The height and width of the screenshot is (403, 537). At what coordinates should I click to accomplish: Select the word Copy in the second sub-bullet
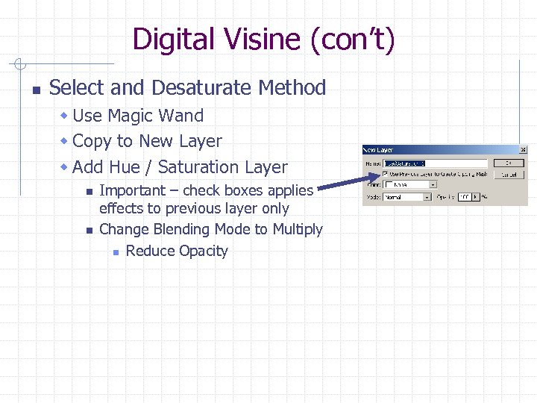tap(92, 141)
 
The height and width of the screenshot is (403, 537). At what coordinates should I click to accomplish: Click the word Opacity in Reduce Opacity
tap(202, 251)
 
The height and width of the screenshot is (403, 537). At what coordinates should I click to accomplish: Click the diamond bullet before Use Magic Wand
tap(65, 116)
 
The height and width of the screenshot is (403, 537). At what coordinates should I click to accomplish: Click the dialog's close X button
tap(522, 150)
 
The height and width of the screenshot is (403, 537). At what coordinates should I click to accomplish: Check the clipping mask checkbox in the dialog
tap(385, 174)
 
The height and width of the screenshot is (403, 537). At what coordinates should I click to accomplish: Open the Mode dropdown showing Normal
tap(407, 197)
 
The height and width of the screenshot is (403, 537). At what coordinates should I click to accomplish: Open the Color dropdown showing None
tap(407, 185)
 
